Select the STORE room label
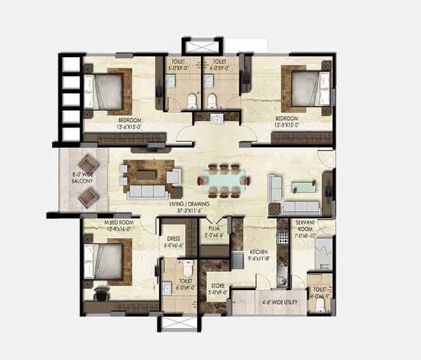pyautogui.click(x=217, y=286)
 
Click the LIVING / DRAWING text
pyautogui.click(x=189, y=204)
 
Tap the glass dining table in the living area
pyautogui.click(x=223, y=181)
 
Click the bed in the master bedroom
pyautogui.click(x=107, y=260)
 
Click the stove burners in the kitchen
pyautogui.click(x=282, y=235)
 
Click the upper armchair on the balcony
pyautogui.click(x=88, y=164)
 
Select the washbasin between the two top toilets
pyautogui.click(x=217, y=119)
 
